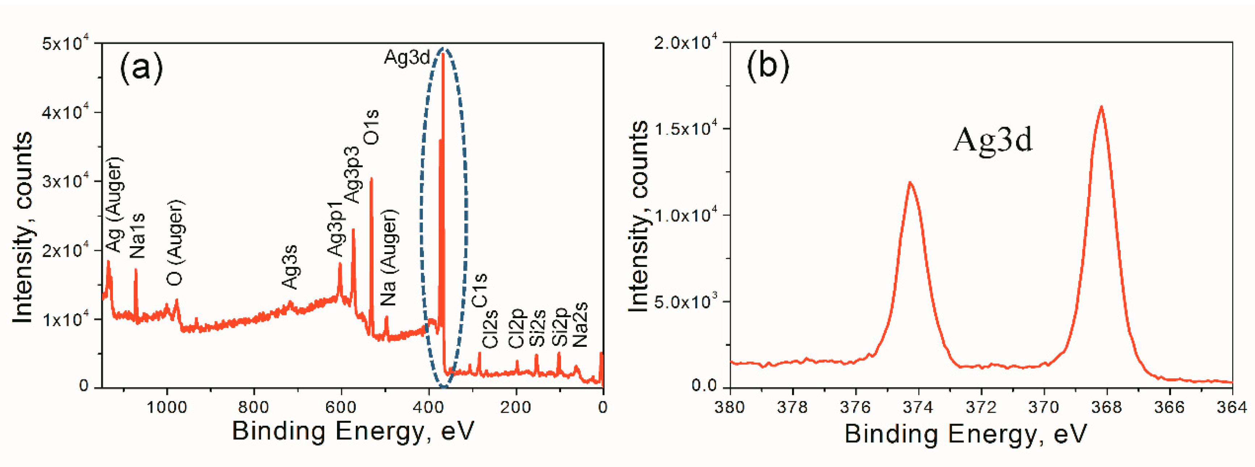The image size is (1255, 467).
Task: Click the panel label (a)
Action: [x=141, y=68]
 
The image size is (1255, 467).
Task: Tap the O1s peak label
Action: [x=371, y=127]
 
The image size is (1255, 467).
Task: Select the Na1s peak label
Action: [x=138, y=235]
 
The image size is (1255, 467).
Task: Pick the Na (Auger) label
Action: [x=389, y=257]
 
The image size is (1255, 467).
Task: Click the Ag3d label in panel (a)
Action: [x=407, y=58]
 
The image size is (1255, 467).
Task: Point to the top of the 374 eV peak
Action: [x=910, y=182]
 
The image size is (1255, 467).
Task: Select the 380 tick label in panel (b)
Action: [x=729, y=407]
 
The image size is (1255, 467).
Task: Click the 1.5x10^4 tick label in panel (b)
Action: [x=687, y=129]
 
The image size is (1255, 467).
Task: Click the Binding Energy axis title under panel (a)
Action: [x=353, y=431]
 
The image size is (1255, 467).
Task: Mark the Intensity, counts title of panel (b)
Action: [x=638, y=217]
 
